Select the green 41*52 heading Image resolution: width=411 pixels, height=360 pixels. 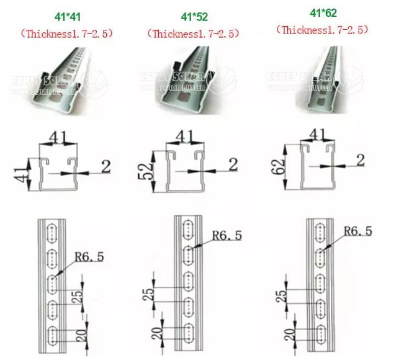(x=194, y=17)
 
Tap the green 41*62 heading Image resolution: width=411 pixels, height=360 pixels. (x=323, y=13)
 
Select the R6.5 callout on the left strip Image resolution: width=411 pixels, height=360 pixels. (x=88, y=256)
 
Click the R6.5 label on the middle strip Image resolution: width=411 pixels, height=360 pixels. (x=227, y=236)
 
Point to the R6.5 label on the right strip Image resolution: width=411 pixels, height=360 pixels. (x=358, y=231)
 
